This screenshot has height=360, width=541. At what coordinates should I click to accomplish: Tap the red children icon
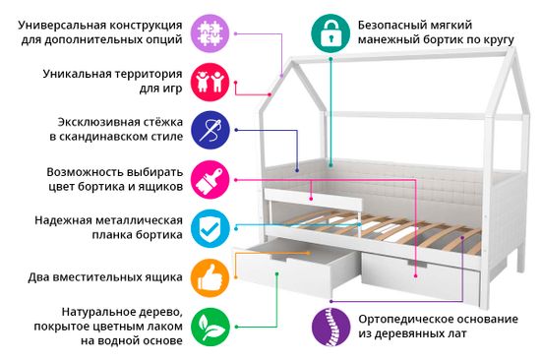(x=210, y=80)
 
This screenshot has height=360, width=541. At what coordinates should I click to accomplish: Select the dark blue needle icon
(x=210, y=129)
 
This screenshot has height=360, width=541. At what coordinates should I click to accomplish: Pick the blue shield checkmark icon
(x=210, y=227)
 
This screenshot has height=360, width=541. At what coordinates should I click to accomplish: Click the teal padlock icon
(x=331, y=31)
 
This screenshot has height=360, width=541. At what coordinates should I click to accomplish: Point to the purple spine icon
(x=331, y=326)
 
